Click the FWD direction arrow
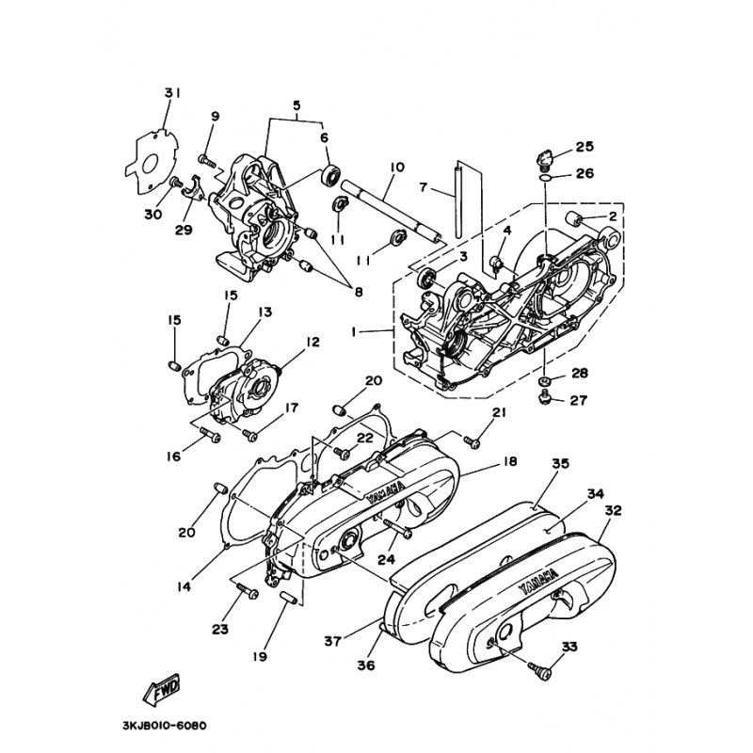pos(162,688)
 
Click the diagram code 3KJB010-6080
pos(165,725)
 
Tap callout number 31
pos(172,93)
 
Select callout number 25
pos(585,147)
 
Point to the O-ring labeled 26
pos(545,178)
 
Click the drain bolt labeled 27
pos(545,397)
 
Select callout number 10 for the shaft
pos(396,168)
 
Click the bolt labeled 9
pos(207,160)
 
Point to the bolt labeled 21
pos(472,441)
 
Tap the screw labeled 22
pos(342,452)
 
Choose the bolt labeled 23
pos(247,591)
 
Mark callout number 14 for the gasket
pos(184,586)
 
